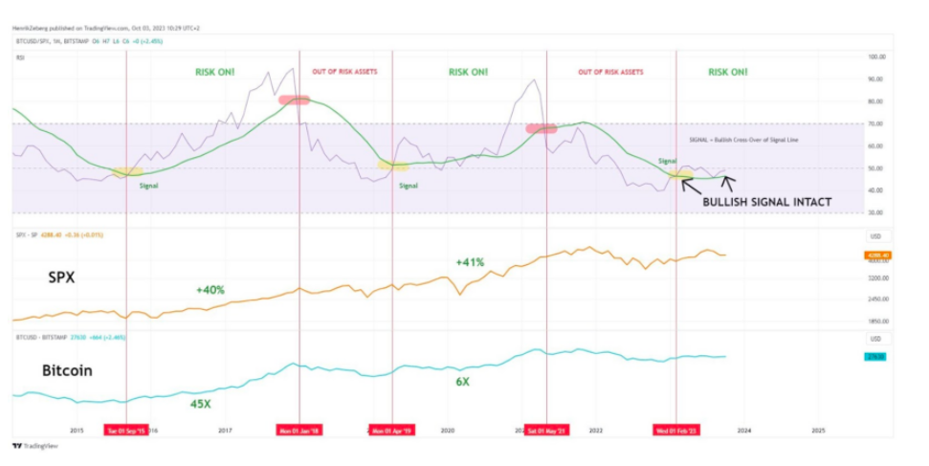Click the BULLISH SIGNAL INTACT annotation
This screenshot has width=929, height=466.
[x=766, y=202]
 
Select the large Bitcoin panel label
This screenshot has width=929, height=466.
[x=66, y=370]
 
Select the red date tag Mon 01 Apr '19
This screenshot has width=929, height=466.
[x=392, y=431]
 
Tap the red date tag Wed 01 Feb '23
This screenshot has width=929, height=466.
[x=675, y=431]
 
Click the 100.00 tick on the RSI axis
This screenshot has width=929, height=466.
[x=874, y=57]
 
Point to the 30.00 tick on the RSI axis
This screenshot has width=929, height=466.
[x=874, y=212]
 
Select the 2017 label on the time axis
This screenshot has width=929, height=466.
[x=225, y=431]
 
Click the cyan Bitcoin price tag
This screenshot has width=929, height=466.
[x=874, y=357]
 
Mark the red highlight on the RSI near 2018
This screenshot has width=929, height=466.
[x=294, y=100]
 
